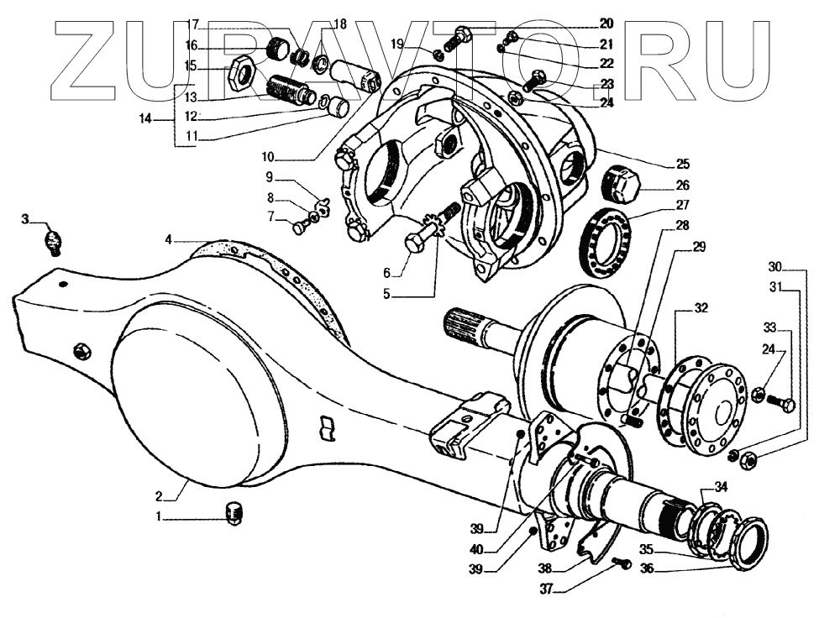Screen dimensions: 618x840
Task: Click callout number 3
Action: coord(25,219)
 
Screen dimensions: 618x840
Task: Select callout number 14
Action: coord(145,120)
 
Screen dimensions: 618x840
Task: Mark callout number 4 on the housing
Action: coord(168,240)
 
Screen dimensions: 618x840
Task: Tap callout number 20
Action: coord(606,23)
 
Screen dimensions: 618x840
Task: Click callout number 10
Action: coord(267,156)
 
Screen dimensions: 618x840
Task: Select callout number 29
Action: coord(699,247)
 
